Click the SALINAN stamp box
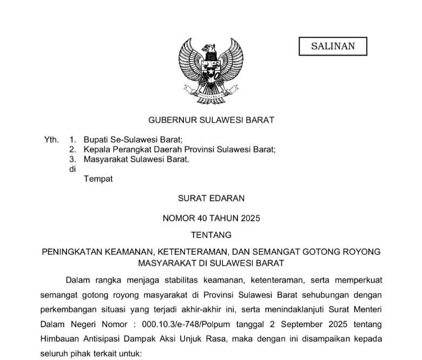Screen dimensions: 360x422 coord(333,46)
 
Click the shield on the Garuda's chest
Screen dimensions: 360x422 coord(211,71)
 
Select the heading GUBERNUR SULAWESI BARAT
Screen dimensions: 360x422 coord(211,120)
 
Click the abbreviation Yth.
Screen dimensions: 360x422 coord(51,139)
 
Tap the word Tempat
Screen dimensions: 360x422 coord(98,179)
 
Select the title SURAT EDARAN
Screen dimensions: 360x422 coord(211,198)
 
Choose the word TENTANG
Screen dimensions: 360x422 coord(211,235)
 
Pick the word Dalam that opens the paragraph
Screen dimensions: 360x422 coord(78,279)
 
